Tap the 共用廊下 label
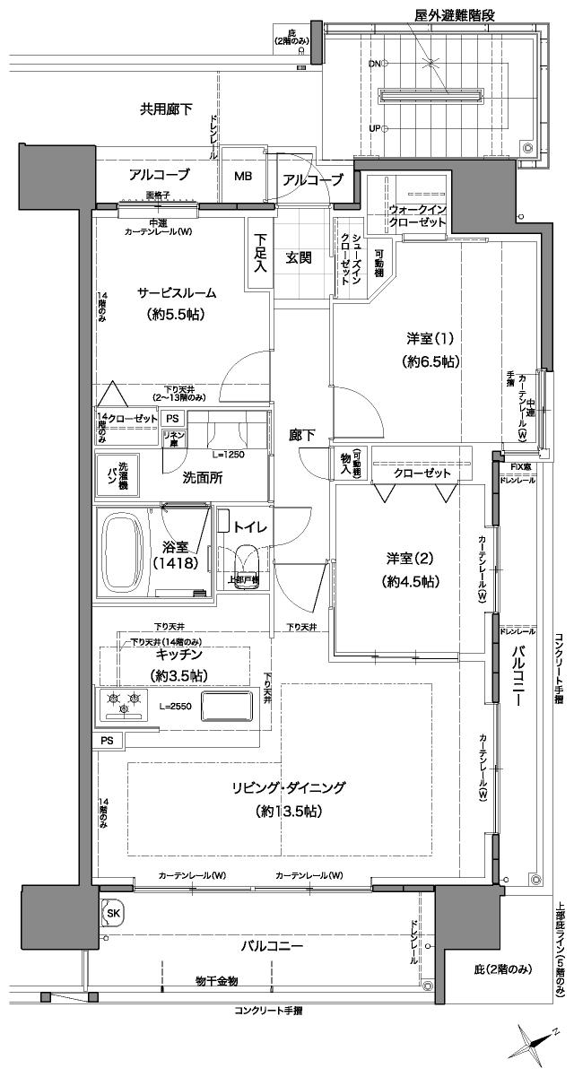tap(166, 109)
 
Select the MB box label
tap(244, 176)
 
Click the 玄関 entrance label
tap(300, 258)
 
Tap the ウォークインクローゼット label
tap(418, 215)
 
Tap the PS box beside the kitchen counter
tap(108, 740)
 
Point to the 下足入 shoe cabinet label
tap(260, 253)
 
